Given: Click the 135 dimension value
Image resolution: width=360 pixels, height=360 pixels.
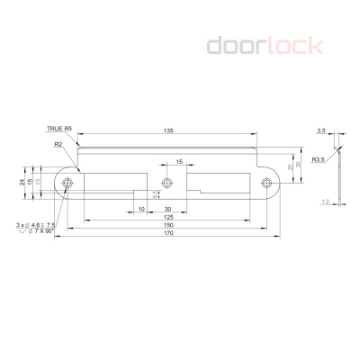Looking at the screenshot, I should (169, 131).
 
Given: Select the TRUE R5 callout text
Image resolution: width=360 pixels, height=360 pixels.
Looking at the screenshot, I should (60, 130).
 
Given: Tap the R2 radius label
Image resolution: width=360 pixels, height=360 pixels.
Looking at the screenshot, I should (58, 143).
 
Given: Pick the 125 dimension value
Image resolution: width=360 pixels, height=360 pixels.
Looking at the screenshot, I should (168, 218).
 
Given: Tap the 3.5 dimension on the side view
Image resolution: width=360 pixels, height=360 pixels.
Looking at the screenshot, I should (320, 131).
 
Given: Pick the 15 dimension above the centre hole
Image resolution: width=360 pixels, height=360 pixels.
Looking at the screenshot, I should (179, 162).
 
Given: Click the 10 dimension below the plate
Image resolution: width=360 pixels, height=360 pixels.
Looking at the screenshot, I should (142, 209).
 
